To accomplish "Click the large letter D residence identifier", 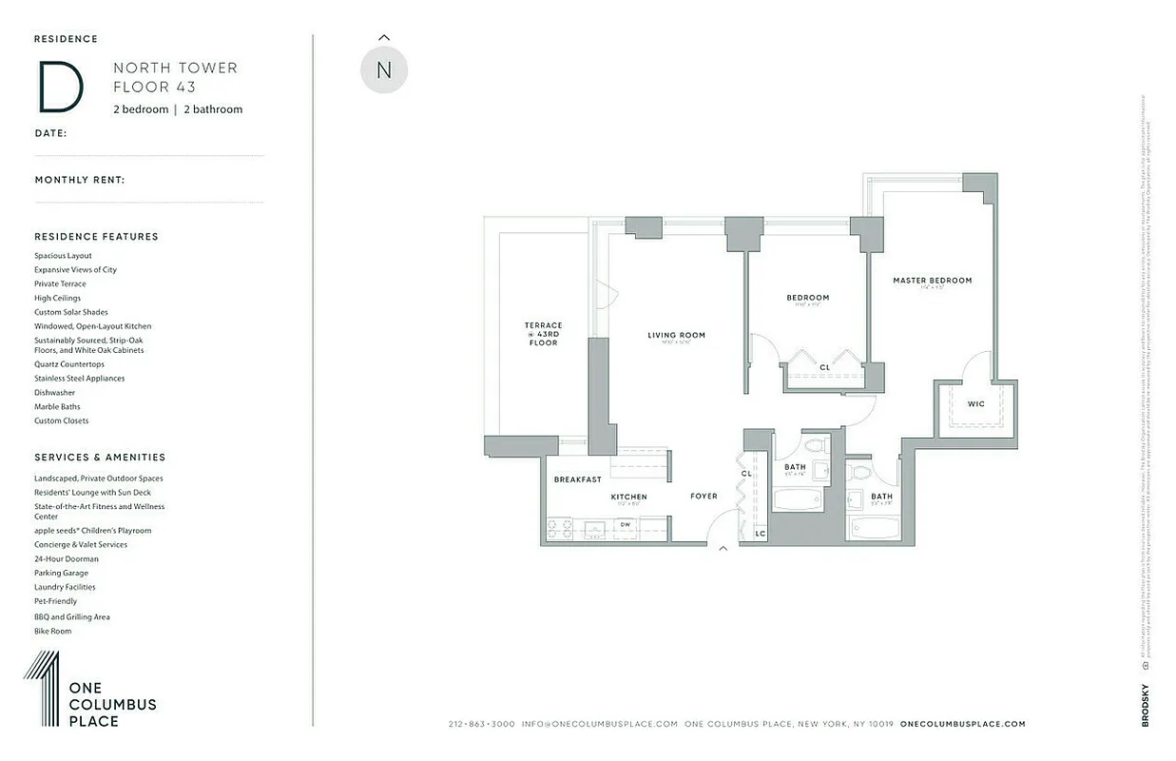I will pos(60,87).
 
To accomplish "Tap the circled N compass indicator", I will pos(384,70).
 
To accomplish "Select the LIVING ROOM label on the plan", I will pos(676,335).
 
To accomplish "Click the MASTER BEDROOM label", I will pos(932,281).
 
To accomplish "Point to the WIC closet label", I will pos(976,404).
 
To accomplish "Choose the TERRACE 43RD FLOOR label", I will pos(543,334).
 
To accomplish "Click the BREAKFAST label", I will pos(577,479).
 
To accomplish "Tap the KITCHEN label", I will pos(628,497).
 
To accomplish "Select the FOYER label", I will pos(704,496).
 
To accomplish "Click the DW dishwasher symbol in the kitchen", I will pos(625,524).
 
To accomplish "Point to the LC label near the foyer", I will pos(760,534).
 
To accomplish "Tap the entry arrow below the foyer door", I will pos(723,549).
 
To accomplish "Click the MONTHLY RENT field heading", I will pos(80,180).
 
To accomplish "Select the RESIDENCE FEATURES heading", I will pos(96,237).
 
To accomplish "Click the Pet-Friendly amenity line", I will pos(56,601).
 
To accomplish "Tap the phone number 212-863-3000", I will pos(480,724).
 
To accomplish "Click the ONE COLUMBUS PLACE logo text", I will pos(112,705).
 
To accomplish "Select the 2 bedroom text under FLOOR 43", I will pos(141,109).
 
